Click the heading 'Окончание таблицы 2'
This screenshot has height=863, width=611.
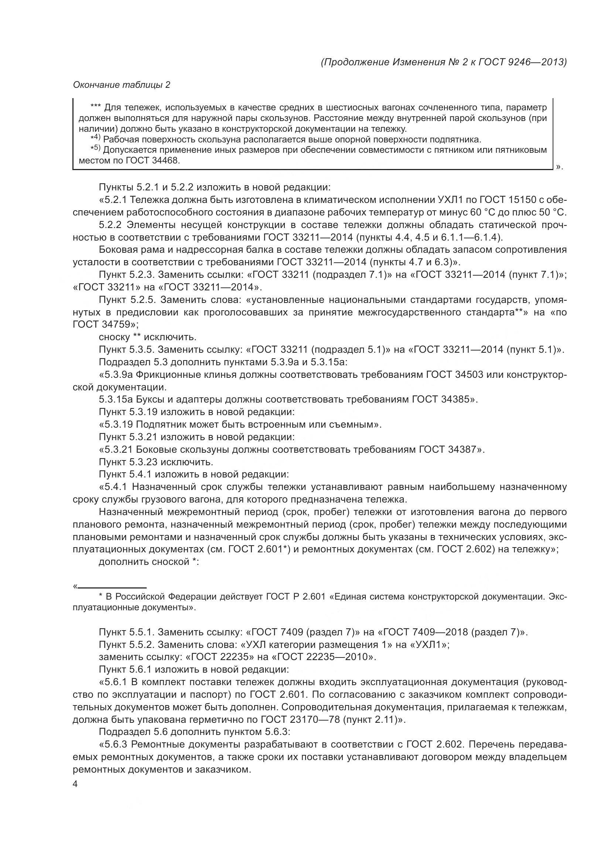pos(121,85)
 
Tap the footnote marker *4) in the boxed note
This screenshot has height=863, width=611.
pos(96,139)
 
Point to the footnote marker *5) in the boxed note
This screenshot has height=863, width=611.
pos(96,149)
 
